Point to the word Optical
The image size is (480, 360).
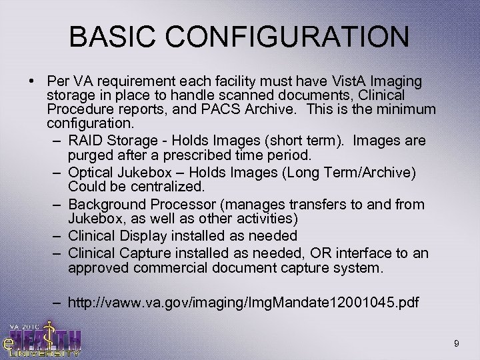89,173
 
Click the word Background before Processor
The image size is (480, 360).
102,203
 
